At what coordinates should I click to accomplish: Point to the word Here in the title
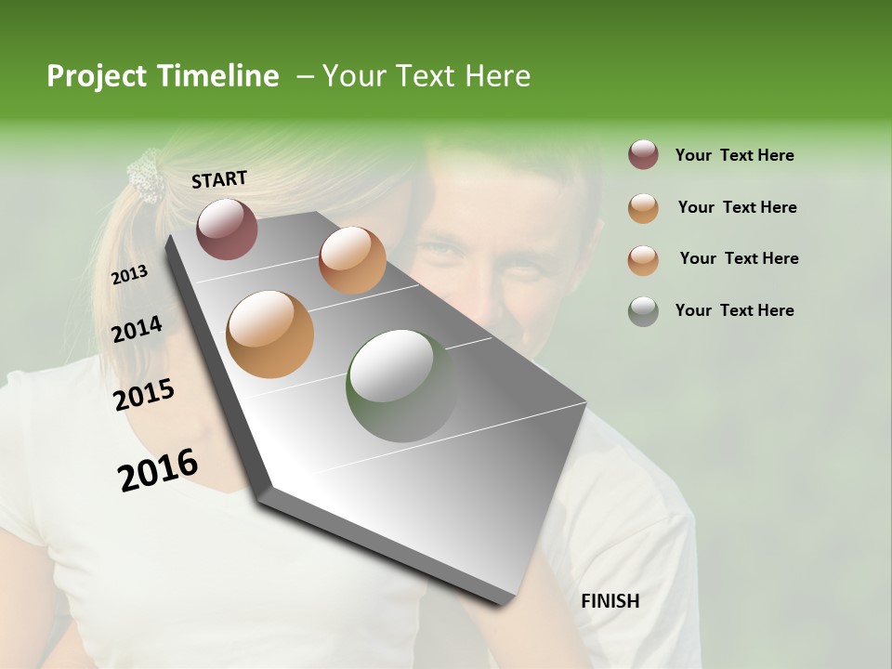(x=497, y=76)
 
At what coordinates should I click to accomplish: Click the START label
(x=219, y=179)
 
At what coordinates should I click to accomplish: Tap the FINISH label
(x=610, y=601)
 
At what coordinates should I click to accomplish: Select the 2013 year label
(x=129, y=275)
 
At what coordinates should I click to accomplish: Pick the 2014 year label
(x=137, y=330)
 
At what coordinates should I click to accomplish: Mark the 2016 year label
(x=158, y=470)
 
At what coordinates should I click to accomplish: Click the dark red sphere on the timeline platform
(x=227, y=229)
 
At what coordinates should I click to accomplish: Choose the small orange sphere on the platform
(x=352, y=259)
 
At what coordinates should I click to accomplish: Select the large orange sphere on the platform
(x=269, y=334)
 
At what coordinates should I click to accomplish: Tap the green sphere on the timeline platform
(x=401, y=386)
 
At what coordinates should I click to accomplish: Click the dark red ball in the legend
(x=643, y=155)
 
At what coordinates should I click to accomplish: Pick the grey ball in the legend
(x=643, y=310)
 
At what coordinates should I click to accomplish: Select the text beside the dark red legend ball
(x=734, y=155)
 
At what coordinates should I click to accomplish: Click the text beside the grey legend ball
(x=734, y=310)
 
